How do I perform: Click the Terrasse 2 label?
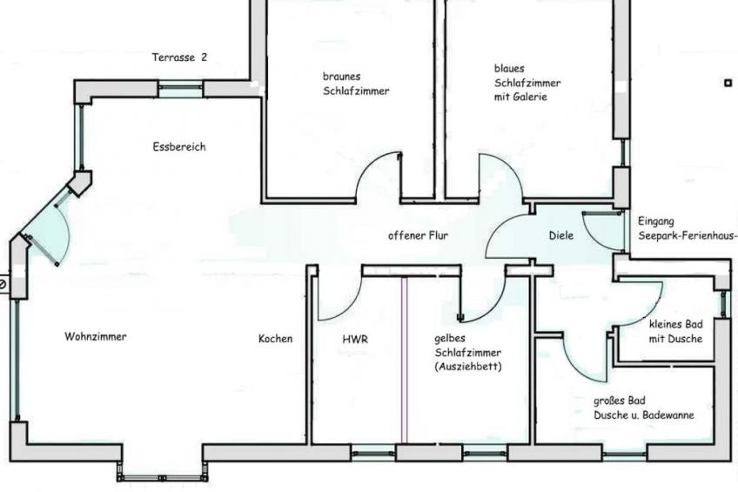(x=180, y=58)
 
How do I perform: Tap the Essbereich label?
(x=178, y=147)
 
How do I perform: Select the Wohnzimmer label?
(x=95, y=336)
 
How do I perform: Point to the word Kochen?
(x=275, y=339)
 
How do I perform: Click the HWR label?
(x=355, y=340)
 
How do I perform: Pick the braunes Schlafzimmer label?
(x=355, y=84)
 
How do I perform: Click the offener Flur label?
(x=418, y=235)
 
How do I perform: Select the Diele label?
(x=561, y=235)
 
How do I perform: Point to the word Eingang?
(x=656, y=221)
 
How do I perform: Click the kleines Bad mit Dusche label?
(x=675, y=332)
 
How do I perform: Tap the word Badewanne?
(x=668, y=416)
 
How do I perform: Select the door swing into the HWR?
(x=341, y=296)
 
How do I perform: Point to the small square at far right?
(x=728, y=83)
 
